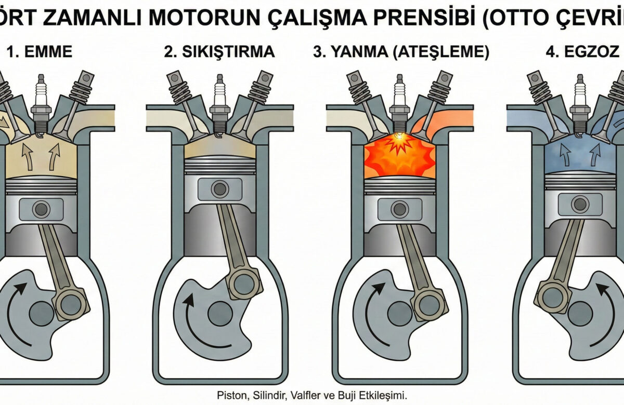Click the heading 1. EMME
39,52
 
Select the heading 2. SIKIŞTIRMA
219,52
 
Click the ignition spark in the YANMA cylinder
399,137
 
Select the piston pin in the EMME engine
40,210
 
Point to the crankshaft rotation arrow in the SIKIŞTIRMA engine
191,322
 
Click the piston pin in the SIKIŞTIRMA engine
219,188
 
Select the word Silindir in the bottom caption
268,394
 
